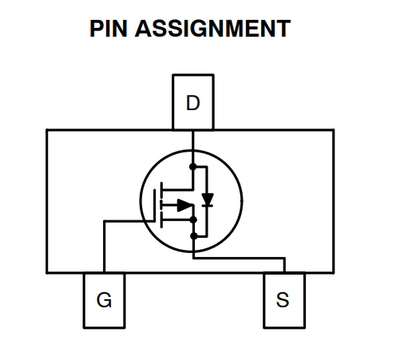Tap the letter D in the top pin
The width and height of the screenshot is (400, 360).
192,102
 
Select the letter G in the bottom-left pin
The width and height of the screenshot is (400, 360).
103,300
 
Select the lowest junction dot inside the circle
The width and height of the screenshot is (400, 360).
193,236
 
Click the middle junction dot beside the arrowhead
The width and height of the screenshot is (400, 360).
193,207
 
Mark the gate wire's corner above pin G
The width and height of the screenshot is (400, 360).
104,222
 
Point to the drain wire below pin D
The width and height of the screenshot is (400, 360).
193,140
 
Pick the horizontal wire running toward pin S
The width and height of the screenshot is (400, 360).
240,257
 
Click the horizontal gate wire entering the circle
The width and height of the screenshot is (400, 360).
130,222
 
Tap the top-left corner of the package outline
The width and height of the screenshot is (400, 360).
45,129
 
